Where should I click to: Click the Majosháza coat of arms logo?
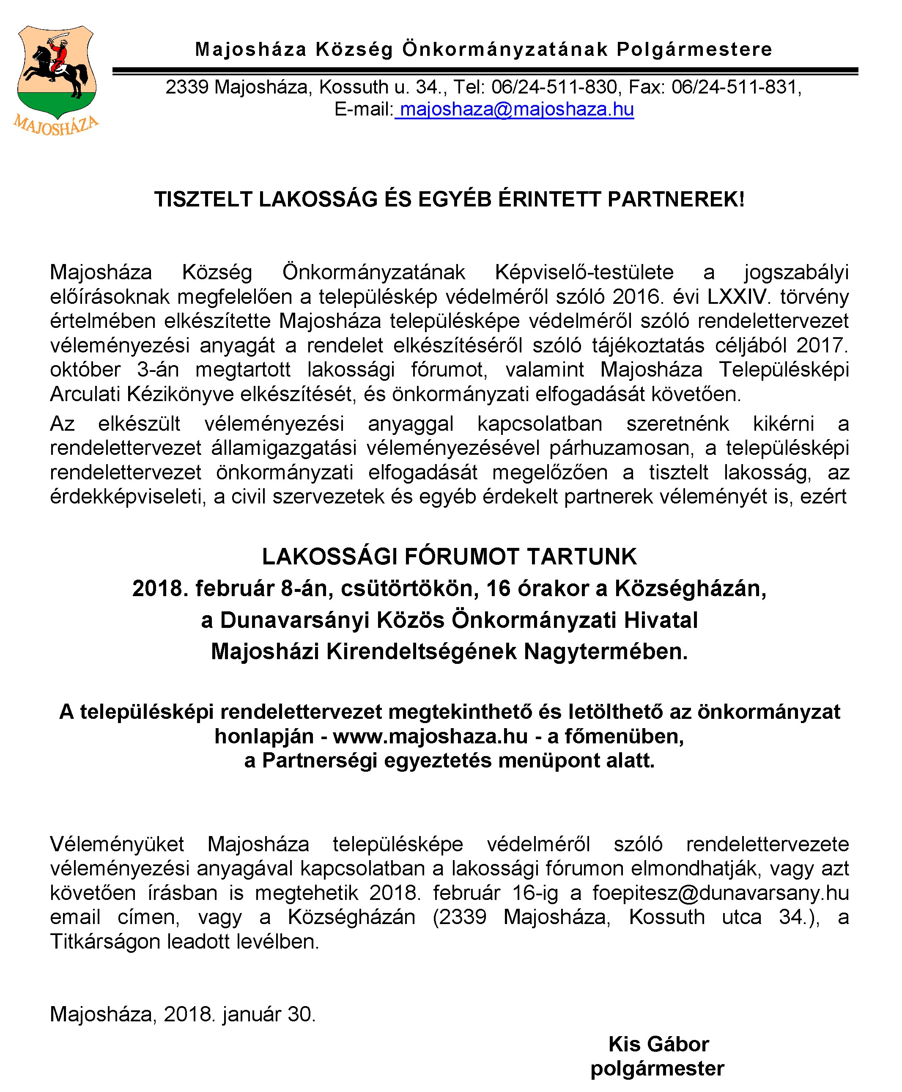[x=56, y=73]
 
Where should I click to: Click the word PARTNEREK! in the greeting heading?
[x=676, y=200]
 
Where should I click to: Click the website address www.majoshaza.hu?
[x=430, y=736]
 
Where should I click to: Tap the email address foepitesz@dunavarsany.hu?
[x=720, y=892]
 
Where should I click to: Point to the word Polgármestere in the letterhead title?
[x=694, y=50]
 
